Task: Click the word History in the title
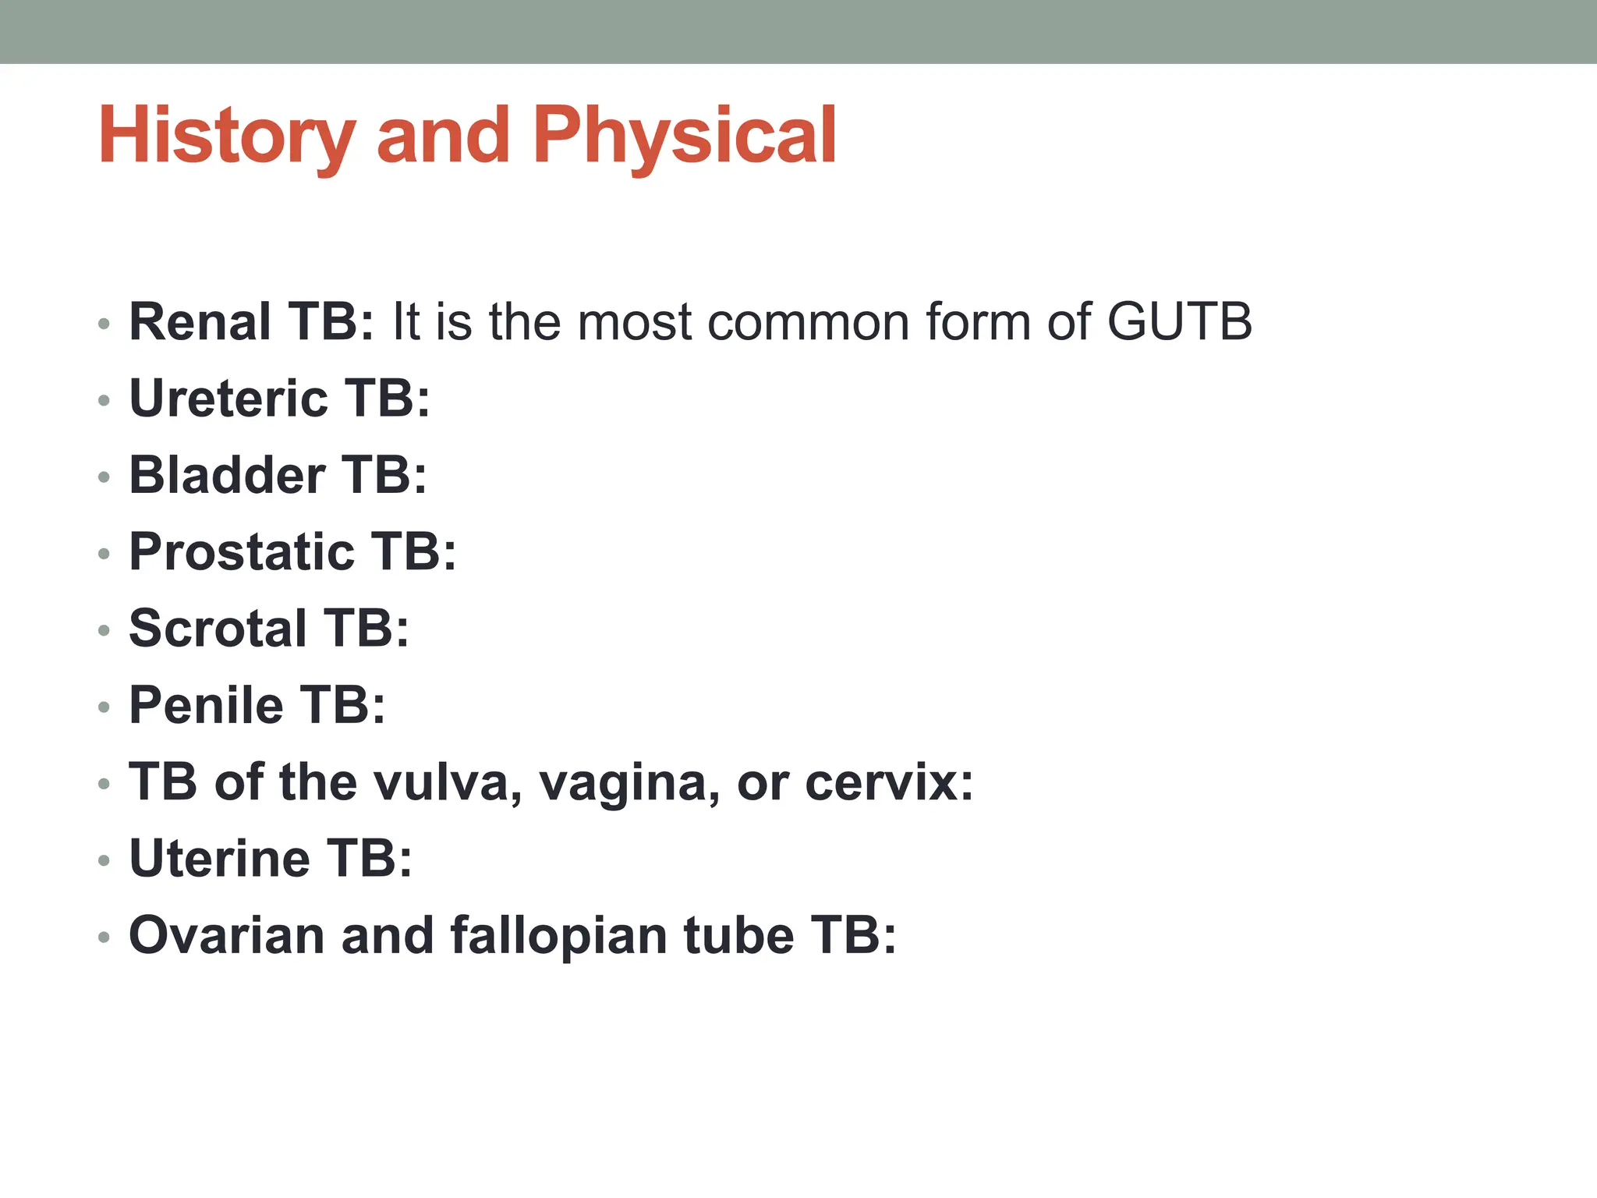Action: point(226,136)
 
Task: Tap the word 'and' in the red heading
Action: point(443,136)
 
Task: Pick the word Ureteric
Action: point(228,399)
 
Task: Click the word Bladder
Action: point(227,475)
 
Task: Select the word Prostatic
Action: point(241,552)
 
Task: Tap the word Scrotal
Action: point(218,629)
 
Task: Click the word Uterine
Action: point(219,859)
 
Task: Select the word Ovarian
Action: point(227,935)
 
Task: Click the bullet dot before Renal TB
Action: point(104,324)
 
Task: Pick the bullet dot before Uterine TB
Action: point(104,861)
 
